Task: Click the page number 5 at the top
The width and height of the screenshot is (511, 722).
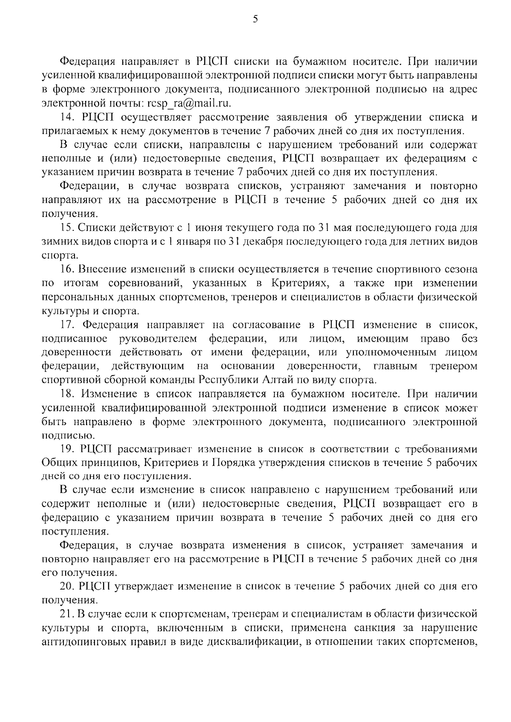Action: click(255, 19)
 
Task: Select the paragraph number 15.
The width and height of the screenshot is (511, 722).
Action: click(66, 227)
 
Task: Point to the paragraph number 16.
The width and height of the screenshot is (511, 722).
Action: click(66, 269)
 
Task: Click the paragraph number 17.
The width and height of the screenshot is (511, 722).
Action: click(67, 325)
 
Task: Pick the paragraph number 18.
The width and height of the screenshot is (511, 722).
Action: click(66, 394)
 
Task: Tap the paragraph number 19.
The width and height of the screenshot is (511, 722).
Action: click(66, 449)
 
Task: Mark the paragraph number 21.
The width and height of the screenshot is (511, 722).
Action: click(67, 615)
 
